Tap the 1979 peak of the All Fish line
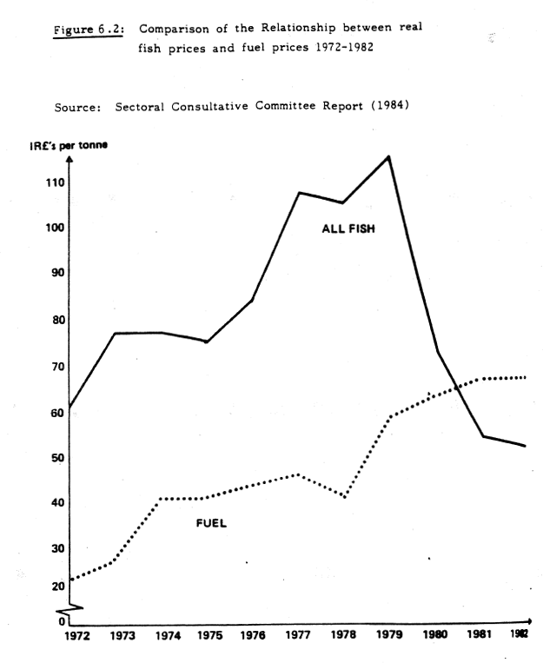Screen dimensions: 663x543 pyautogui.click(x=388, y=156)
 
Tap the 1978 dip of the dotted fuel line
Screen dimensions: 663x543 pyautogui.click(x=345, y=497)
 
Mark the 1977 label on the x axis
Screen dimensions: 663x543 pyautogui.click(x=299, y=635)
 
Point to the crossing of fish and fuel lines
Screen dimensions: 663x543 pyautogui.click(x=458, y=388)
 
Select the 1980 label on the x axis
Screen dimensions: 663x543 pyautogui.click(x=436, y=635)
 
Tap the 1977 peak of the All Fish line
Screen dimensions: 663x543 pyautogui.click(x=299, y=192)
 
